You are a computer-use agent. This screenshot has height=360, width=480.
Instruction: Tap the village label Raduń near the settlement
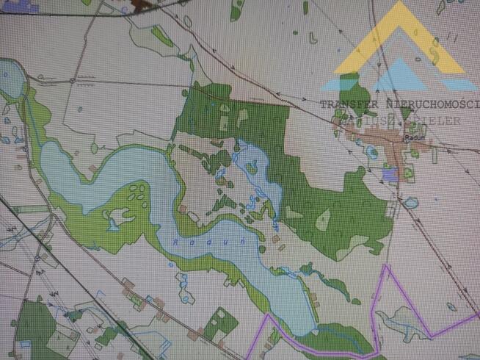click(x=412, y=137)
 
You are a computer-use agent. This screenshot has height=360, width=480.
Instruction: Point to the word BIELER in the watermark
click(x=438, y=120)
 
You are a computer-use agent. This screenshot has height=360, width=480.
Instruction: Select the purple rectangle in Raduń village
click(x=390, y=173)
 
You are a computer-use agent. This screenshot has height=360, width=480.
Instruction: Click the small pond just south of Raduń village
click(x=411, y=201)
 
